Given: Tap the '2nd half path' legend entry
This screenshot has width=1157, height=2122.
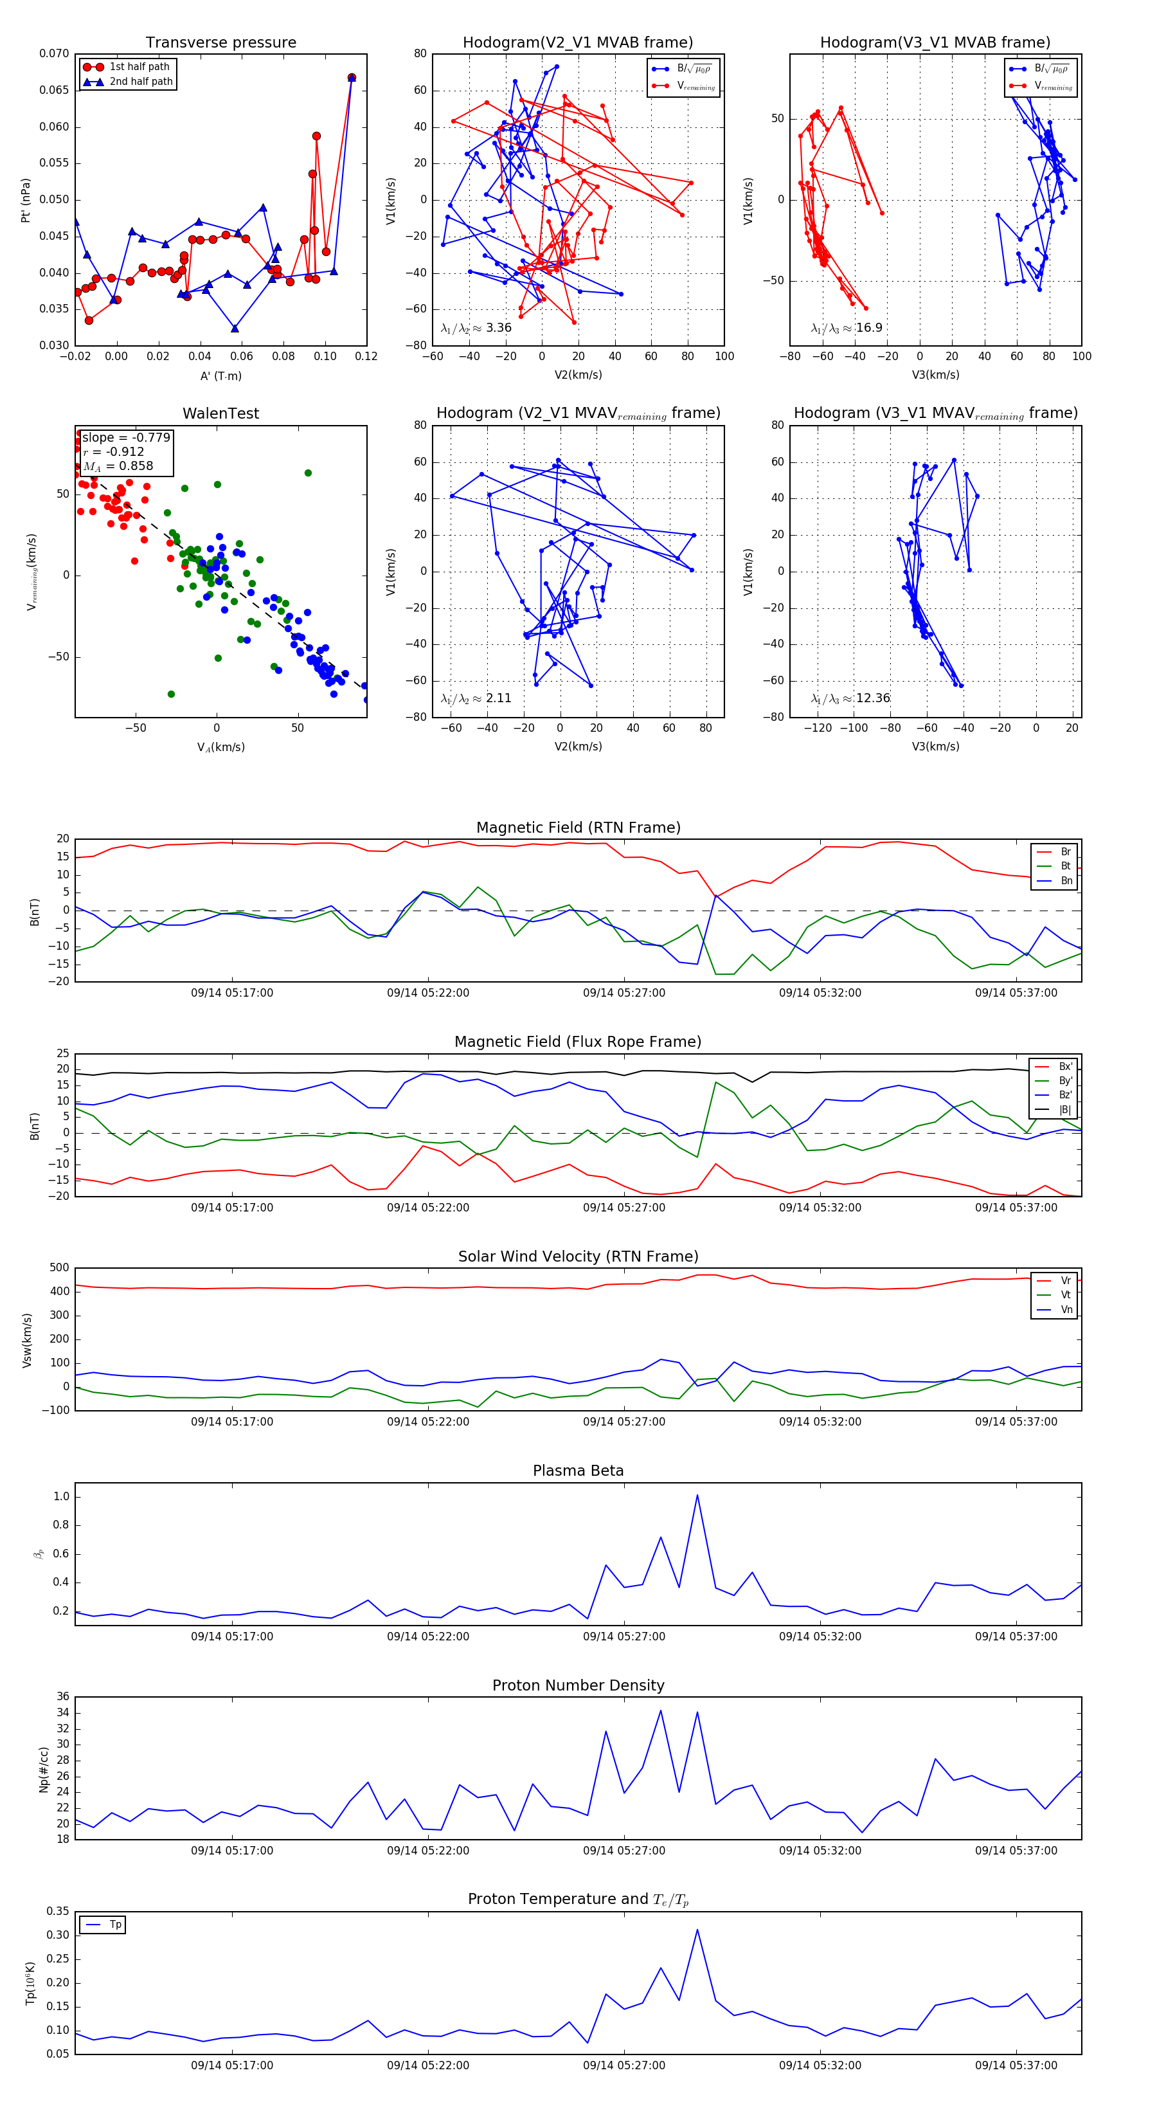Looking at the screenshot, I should point(141,82).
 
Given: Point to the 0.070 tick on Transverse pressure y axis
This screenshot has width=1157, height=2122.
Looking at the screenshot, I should point(55,53).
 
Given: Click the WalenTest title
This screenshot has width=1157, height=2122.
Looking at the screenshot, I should point(220,413).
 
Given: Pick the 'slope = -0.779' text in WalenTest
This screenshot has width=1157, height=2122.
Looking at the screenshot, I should point(126,437).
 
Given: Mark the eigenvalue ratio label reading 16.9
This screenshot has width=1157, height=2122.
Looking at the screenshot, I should point(847,328).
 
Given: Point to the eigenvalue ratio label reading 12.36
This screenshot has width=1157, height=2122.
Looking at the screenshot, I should point(850,698).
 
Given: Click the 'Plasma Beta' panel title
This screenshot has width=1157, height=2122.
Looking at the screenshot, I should point(578,1471).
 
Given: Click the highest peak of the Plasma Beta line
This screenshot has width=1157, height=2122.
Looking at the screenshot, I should point(697,1495).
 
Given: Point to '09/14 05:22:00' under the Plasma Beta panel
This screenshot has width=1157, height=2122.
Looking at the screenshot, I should point(428,1636).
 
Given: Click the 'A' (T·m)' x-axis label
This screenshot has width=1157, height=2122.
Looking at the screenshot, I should point(220,376).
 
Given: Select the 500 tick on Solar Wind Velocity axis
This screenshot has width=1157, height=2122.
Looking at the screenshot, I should point(59,1268).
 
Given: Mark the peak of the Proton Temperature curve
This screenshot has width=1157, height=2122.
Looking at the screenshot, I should point(697,1929).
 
